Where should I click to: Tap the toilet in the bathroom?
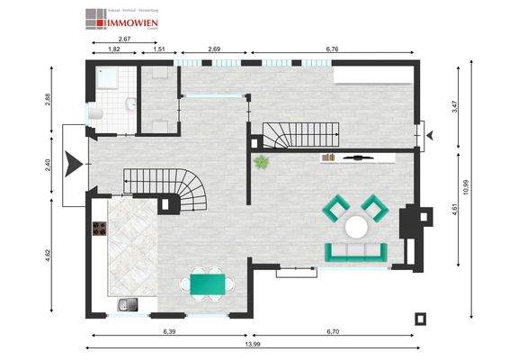pyautogui.click(x=95, y=112)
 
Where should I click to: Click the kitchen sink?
pyautogui.click(x=128, y=304)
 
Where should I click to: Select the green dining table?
pyautogui.click(x=208, y=284)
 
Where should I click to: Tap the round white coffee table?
pyautogui.click(x=360, y=226)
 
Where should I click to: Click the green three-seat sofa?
pyautogui.click(x=356, y=252)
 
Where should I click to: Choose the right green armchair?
pyautogui.click(x=374, y=208)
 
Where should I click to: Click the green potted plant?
pyautogui.click(x=262, y=163)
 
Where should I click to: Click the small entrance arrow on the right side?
pyautogui.click(x=430, y=136)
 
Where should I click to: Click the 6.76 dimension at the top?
pyautogui.click(x=331, y=49)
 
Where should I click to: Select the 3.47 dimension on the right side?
pyautogui.click(x=455, y=106)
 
